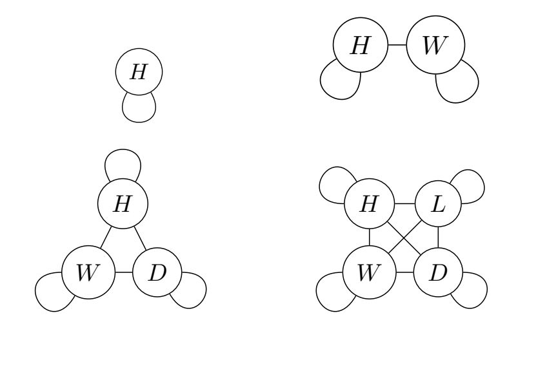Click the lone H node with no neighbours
[x=138, y=71]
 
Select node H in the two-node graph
[x=359, y=48]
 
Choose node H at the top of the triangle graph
[x=122, y=203]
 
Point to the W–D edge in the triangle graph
[x=123, y=272]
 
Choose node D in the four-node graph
[x=439, y=272]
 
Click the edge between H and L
[x=404, y=203]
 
